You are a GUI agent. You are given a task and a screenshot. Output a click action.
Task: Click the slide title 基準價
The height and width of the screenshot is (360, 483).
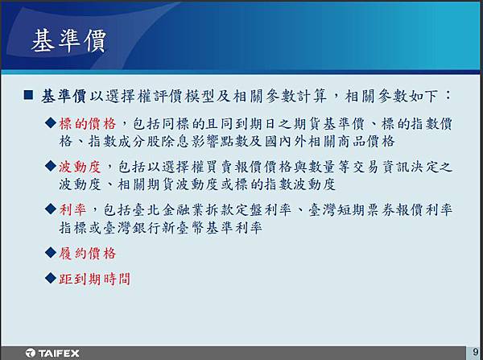tap(68, 41)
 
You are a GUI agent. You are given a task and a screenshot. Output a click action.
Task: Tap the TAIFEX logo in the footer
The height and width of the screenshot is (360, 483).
tap(52, 353)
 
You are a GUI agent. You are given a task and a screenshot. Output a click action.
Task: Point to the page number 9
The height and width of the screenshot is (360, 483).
tap(476, 352)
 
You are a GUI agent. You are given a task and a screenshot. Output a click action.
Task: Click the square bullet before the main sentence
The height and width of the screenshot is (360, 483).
tap(28, 94)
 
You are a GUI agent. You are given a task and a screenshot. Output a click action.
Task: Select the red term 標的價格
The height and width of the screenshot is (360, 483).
tap(88, 124)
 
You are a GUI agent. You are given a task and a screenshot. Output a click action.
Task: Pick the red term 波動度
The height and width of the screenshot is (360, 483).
tap(80, 167)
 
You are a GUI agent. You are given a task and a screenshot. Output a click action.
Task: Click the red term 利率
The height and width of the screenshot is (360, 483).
tap(72, 210)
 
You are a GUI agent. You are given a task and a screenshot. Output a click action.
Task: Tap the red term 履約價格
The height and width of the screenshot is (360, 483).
tap(88, 254)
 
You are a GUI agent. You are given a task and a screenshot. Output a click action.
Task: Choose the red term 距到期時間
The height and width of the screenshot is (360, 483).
tap(94, 279)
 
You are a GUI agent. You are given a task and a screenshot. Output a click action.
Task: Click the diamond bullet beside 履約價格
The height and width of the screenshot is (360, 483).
tap(51, 253)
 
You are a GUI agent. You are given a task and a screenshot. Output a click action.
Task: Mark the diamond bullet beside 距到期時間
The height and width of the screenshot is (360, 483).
tap(51, 278)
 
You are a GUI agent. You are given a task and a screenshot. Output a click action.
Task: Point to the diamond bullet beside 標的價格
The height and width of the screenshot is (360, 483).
tap(51, 123)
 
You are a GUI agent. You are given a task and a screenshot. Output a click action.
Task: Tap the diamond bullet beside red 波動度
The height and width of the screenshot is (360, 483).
tap(51, 166)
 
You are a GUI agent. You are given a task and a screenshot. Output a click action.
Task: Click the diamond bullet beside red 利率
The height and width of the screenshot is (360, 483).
tap(51, 209)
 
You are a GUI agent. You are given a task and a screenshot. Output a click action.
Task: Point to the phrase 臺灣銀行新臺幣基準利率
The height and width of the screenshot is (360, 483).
tap(183, 228)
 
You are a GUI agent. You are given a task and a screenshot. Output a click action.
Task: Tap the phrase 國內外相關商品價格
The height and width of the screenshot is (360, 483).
tap(329, 142)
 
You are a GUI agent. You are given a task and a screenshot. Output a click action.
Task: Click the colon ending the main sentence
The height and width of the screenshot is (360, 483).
tap(448, 94)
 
